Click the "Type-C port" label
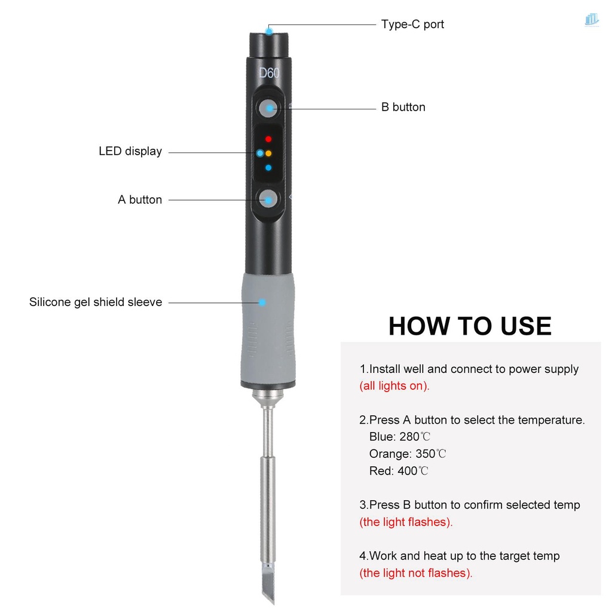(412, 25)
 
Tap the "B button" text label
(403, 108)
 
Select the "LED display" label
(130, 152)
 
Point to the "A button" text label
(140, 200)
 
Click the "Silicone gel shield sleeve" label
(96, 302)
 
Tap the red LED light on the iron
(268, 139)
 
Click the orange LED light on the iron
(268, 154)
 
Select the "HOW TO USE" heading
(470, 326)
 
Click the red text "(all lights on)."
(394, 386)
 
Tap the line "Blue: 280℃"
(399, 437)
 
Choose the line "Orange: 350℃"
(408, 454)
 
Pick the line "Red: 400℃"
(399, 471)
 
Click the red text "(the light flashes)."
(406, 522)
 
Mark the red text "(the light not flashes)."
(416, 573)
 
